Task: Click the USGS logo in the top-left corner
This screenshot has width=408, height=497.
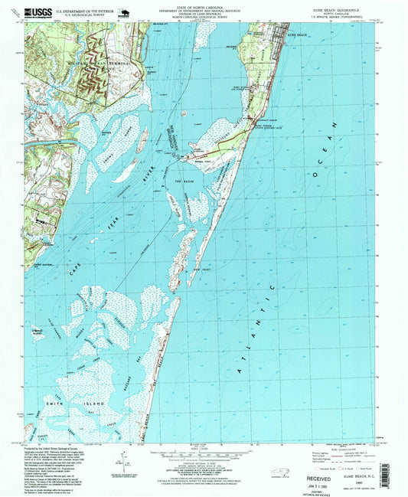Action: pyautogui.click(x=37, y=12)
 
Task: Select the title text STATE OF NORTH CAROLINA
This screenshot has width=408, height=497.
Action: pyautogui.click(x=203, y=6)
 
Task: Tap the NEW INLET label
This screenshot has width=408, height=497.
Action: pyautogui.click(x=201, y=270)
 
